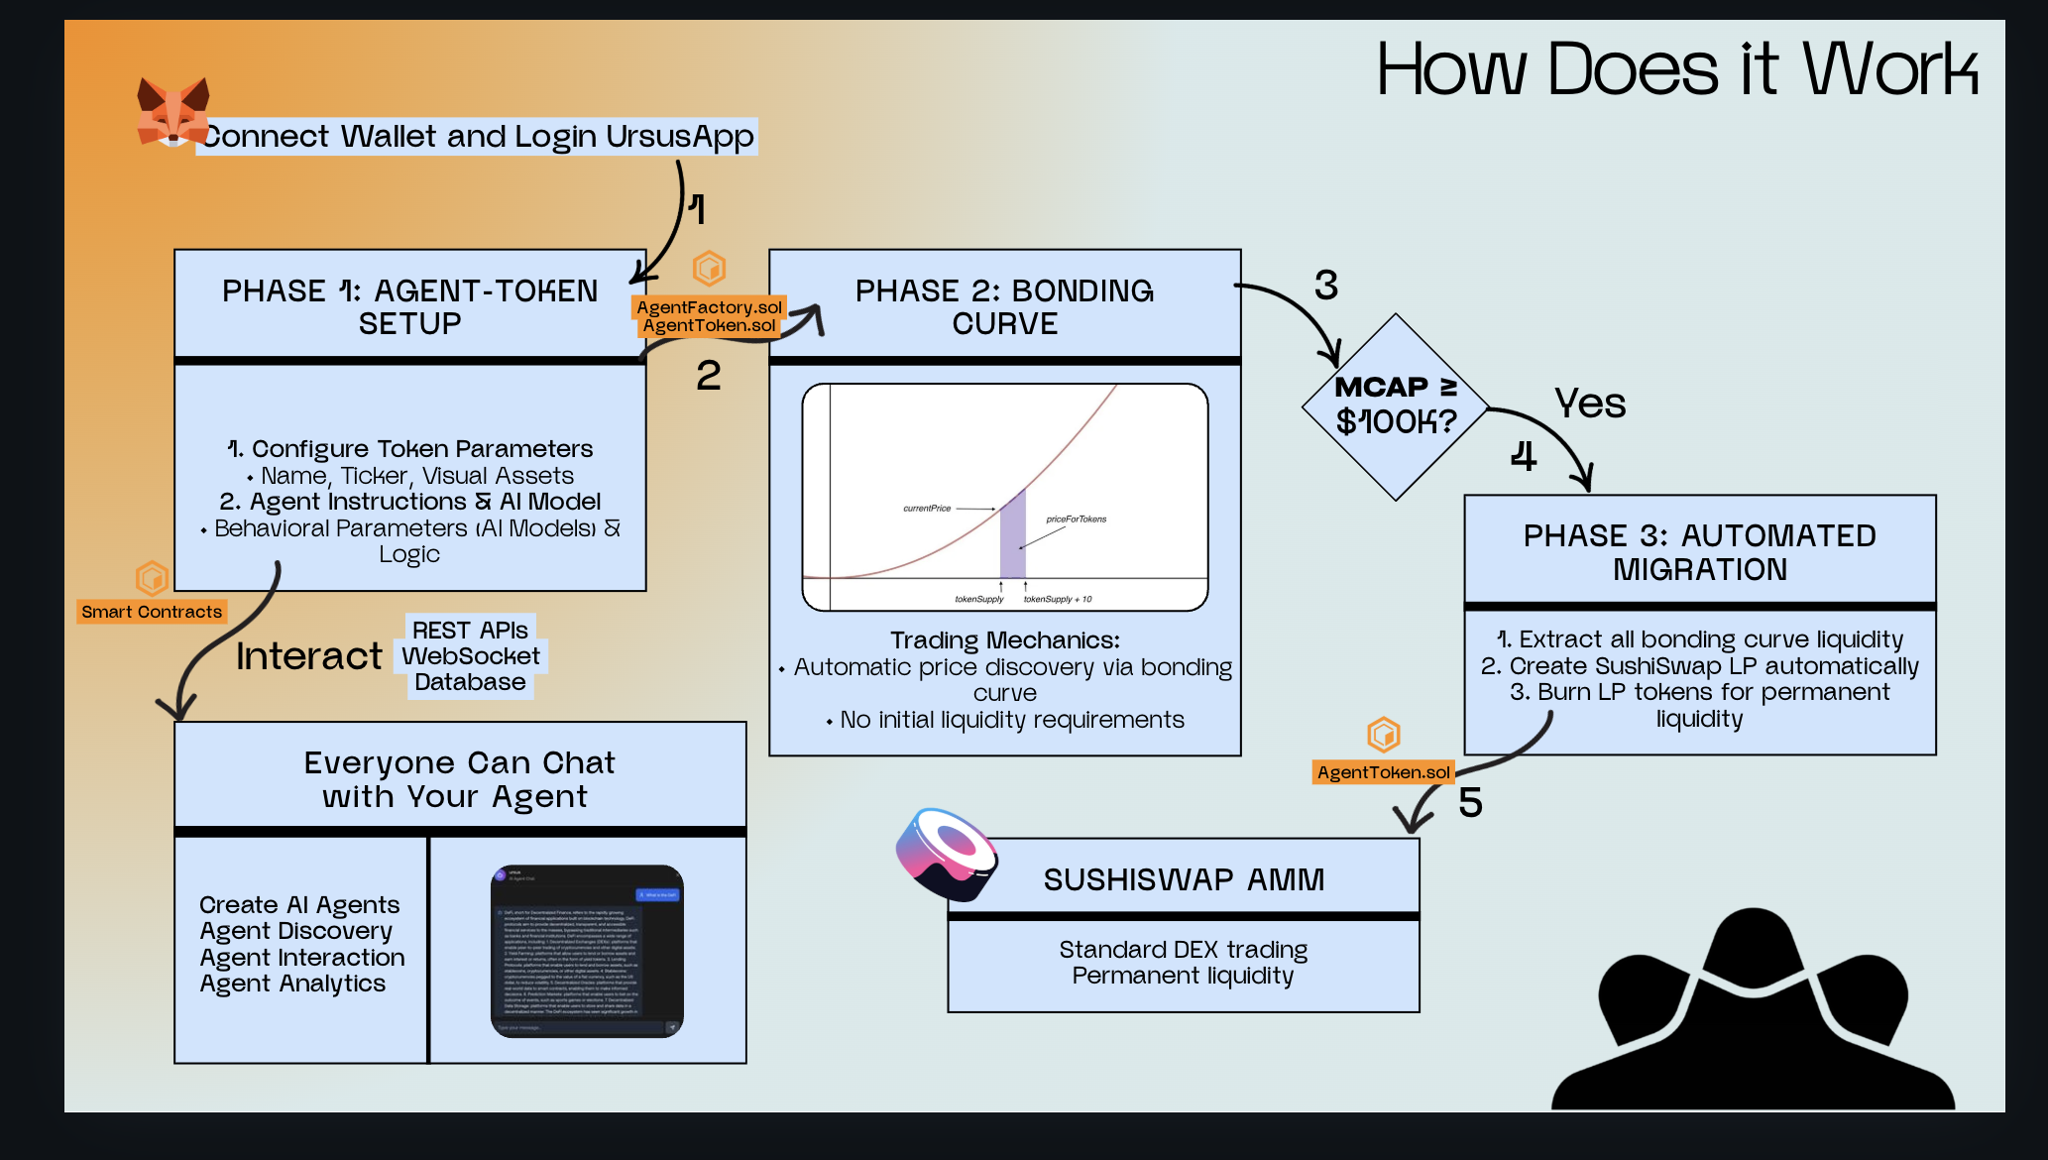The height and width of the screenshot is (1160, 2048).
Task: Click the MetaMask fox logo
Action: click(172, 112)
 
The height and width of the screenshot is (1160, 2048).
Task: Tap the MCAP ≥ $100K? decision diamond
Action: click(1396, 406)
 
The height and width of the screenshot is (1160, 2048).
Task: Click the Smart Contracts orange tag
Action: click(152, 612)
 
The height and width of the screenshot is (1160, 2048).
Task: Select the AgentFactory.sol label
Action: click(709, 307)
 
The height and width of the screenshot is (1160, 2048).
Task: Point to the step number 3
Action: click(1325, 286)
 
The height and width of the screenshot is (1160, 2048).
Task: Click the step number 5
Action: click(1470, 802)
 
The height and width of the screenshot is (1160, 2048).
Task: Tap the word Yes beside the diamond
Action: click(1590, 404)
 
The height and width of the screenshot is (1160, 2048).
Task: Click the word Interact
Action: click(308, 656)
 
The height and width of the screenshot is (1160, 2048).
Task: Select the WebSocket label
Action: click(471, 656)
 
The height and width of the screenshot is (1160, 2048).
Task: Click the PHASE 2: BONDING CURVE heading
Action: click(1004, 306)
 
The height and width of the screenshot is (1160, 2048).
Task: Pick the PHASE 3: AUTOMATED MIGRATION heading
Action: click(1699, 552)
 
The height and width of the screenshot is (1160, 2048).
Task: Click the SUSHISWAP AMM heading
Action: click(1184, 879)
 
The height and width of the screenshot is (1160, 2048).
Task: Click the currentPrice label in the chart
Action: click(926, 509)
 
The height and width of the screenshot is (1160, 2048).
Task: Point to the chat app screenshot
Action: click(587, 951)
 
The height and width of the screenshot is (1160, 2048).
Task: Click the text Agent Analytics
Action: click(292, 984)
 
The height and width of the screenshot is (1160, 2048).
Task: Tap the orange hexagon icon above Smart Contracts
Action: click(152, 577)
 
